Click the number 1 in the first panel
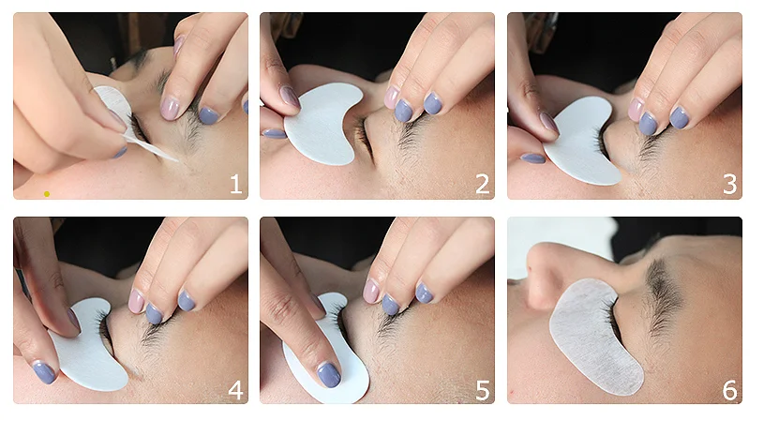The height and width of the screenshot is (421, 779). point(236,184)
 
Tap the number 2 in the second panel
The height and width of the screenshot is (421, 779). point(483,184)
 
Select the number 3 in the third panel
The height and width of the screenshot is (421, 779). point(730,184)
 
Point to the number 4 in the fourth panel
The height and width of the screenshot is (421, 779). point(236,390)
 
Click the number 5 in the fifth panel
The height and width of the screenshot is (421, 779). point(483,390)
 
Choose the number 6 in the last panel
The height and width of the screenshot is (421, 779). point(730,390)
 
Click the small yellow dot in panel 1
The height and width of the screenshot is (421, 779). point(47,194)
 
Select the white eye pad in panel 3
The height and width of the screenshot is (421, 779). point(581,144)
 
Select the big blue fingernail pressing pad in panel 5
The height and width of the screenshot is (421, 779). point(329,375)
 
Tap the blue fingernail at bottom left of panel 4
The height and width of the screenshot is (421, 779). point(44,373)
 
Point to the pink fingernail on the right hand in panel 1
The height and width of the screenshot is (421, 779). point(170,109)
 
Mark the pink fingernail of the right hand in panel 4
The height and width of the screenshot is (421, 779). point(136,302)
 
